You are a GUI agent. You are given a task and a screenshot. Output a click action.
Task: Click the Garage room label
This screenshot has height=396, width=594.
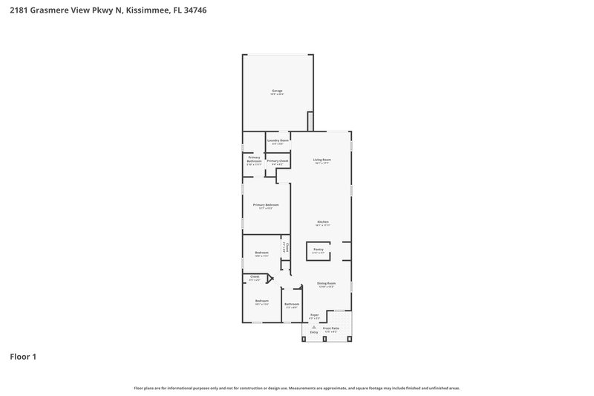coord(277,91)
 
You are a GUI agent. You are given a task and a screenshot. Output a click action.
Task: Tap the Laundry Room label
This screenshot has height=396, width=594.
coord(278,140)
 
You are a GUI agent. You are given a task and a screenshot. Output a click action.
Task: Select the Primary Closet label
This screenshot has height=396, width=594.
coord(278,160)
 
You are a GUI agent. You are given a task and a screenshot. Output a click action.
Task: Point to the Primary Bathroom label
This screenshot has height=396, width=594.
coord(255,159)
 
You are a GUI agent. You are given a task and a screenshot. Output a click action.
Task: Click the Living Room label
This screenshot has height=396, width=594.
coord(322,160)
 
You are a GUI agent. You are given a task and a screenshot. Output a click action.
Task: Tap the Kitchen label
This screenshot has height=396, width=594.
coord(323,222)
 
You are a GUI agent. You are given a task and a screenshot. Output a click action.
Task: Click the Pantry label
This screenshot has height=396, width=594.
coord(318,250)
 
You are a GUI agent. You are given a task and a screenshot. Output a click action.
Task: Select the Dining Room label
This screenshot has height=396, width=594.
coord(327,283)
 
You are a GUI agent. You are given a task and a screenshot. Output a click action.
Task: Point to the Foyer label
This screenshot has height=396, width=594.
coord(314,315)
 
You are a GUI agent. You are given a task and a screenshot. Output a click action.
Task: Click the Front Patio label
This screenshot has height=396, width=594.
coord(330,328)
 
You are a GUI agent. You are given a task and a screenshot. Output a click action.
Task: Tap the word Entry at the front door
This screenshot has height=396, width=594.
coord(314,332)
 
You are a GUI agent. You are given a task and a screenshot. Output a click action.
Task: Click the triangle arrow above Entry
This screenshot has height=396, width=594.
coord(314,326)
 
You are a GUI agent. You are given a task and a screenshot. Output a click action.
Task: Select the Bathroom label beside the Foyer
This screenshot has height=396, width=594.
coord(292,304)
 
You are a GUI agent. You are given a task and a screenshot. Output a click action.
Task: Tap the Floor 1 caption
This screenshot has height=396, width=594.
coord(22,357)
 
